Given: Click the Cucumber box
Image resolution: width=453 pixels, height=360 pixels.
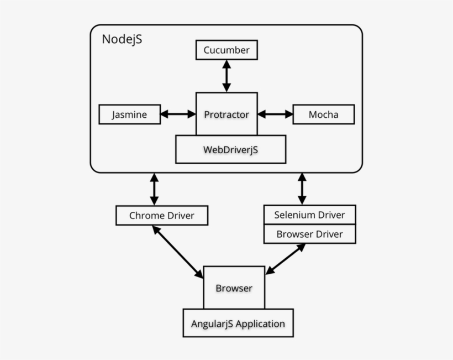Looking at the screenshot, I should click(x=227, y=50).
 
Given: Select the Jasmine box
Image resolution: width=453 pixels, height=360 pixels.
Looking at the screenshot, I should click(x=130, y=114).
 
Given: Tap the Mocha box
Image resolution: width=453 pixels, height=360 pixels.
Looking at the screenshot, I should click(x=323, y=114).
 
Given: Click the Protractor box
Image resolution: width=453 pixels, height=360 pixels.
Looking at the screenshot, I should click(x=227, y=114).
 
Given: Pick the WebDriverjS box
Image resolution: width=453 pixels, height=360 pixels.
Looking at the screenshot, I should click(x=230, y=149).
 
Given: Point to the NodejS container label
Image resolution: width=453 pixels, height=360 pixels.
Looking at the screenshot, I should click(x=122, y=40).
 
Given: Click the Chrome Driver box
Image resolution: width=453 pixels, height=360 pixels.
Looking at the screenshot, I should click(x=162, y=215).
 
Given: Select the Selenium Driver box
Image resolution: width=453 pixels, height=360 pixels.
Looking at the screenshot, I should click(x=309, y=215).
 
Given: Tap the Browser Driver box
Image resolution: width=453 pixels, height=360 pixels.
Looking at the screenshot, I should click(x=309, y=234).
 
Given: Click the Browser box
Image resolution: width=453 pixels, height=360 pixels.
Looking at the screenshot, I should click(x=234, y=288).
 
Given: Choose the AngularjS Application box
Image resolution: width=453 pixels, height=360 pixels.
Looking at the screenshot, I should click(x=238, y=324).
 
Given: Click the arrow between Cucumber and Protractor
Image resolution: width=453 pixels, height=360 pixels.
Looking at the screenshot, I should click(x=227, y=76).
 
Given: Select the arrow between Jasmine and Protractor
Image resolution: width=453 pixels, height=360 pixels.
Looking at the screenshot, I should click(x=178, y=114).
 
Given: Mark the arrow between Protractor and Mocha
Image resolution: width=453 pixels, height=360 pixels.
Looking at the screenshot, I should click(x=275, y=114).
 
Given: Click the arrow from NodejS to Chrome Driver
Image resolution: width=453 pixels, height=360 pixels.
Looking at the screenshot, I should click(x=154, y=189).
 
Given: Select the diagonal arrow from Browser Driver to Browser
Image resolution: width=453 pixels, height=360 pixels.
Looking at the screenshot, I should click(x=286, y=259).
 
